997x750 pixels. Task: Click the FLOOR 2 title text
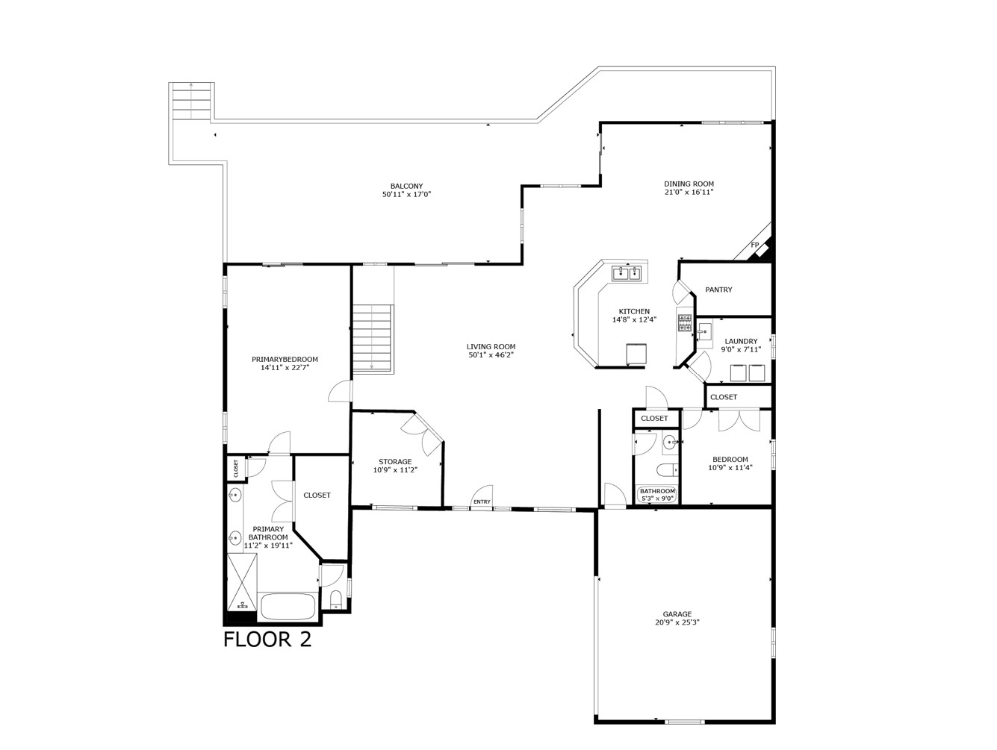click(x=267, y=640)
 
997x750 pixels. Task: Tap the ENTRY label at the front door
click(x=482, y=501)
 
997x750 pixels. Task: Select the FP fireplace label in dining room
click(x=754, y=246)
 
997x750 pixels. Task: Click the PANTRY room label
click(x=718, y=290)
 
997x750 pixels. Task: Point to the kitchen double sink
click(x=627, y=273)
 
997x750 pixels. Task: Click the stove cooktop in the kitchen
click(x=684, y=322)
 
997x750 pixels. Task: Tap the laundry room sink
click(x=705, y=331)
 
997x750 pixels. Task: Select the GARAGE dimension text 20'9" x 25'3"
click(x=677, y=622)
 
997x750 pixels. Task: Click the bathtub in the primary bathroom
click(x=288, y=606)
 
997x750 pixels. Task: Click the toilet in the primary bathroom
click(x=335, y=600)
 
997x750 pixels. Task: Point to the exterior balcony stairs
click(x=192, y=100)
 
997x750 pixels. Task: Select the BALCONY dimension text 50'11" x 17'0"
click(x=406, y=195)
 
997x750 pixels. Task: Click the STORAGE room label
click(x=394, y=462)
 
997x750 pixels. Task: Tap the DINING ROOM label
click(x=689, y=184)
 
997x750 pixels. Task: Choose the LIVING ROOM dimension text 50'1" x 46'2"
click(x=491, y=355)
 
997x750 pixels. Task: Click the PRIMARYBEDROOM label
click(x=285, y=359)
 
